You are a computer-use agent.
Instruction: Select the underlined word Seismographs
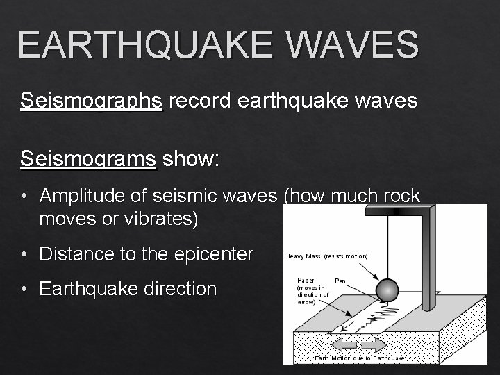pos(92,101)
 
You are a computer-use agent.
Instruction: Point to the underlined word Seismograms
pos(89,158)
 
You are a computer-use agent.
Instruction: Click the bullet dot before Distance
pos(24,255)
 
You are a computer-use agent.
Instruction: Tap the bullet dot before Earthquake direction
pos(24,289)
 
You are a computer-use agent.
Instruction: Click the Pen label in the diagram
pos(340,281)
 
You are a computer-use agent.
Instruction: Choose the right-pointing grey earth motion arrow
pos(374,344)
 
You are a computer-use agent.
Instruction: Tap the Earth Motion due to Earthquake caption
pos(359,358)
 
